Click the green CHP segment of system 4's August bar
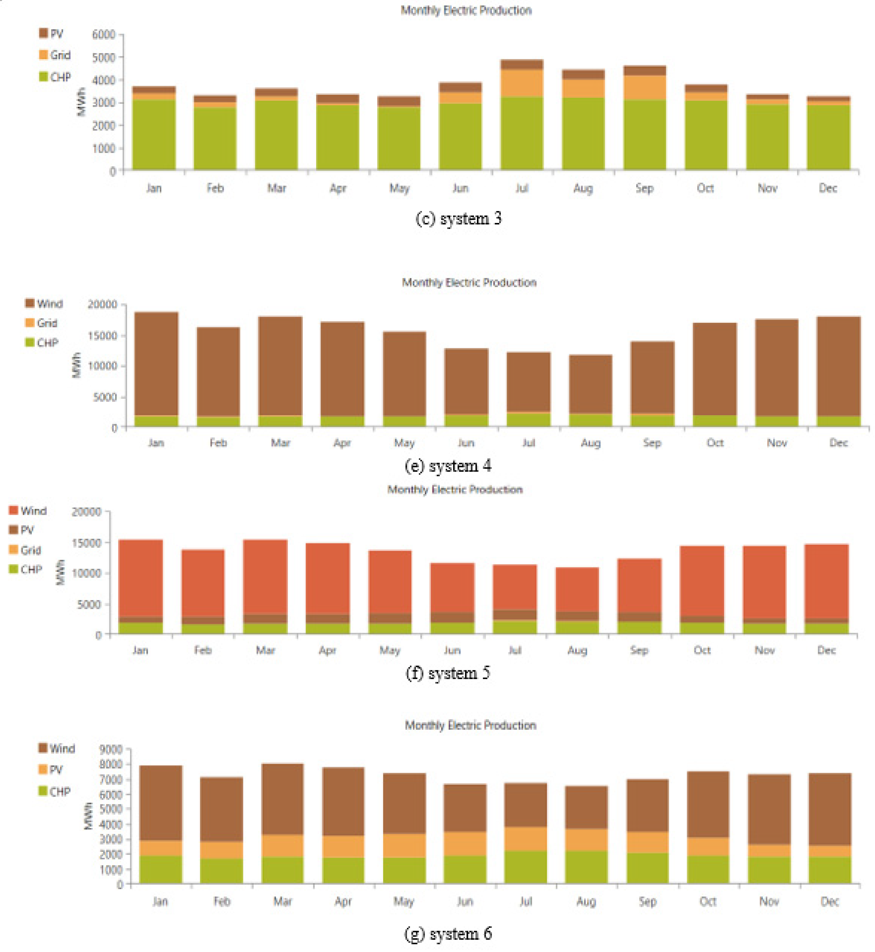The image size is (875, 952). tap(590, 420)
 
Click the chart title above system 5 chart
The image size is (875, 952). tap(455, 489)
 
